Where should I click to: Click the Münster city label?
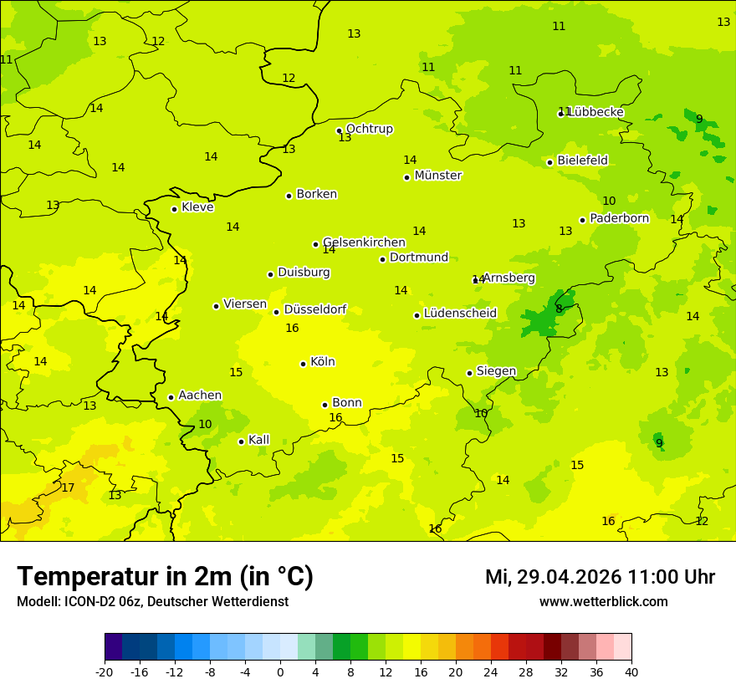click(437, 176)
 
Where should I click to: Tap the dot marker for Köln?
click(303, 364)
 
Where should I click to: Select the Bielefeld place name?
click(582, 161)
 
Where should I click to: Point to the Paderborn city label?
click(619, 218)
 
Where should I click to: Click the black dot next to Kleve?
click(174, 209)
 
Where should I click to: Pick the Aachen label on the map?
click(200, 395)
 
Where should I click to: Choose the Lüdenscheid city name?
click(460, 314)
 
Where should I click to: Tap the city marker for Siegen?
click(469, 373)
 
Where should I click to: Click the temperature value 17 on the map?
click(68, 487)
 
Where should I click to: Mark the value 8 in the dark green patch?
click(559, 309)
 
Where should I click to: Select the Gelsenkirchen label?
click(364, 242)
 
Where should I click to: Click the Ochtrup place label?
click(369, 129)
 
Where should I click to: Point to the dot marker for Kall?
click(241, 441)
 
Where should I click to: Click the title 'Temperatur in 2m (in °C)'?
click(165, 577)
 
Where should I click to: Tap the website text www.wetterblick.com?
click(603, 601)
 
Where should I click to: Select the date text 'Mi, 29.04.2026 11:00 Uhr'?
click(600, 577)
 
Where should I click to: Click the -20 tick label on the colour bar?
click(105, 672)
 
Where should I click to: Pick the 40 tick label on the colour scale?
click(631, 672)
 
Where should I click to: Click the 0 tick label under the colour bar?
click(280, 672)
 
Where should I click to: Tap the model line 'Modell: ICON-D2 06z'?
click(152, 601)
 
